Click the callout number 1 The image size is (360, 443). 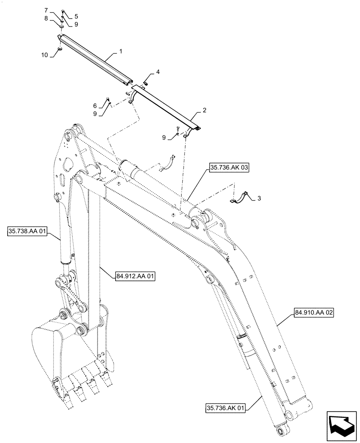pos(120,52)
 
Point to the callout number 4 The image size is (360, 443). pos(157,72)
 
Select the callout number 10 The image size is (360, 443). pos(44,55)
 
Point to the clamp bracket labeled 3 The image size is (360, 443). pos(240,198)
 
